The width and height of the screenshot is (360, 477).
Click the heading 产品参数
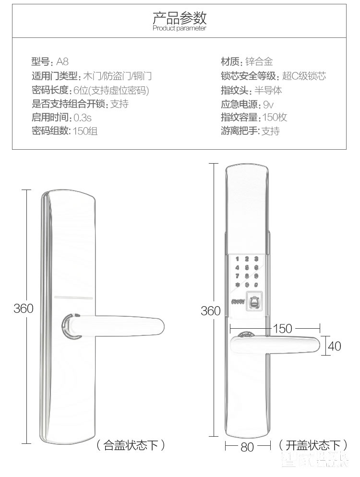point(180,18)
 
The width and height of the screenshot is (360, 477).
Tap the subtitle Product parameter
point(180,29)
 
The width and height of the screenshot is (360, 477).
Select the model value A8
point(62,62)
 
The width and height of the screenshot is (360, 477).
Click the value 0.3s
point(82,118)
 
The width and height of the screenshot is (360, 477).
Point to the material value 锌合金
point(259,62)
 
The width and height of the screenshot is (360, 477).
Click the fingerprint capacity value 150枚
point(275,118)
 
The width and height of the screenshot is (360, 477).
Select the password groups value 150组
point(85,131)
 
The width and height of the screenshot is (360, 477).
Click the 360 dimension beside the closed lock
point(24,308)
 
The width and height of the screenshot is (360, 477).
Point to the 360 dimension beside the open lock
point(210,311)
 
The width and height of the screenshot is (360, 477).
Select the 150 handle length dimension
point(282,328)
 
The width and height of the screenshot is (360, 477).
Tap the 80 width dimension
point(247,447)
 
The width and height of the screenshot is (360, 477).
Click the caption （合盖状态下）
point(131,445)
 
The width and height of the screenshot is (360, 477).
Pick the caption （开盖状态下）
point(312,445)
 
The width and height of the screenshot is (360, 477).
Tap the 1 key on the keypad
point(237,260)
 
